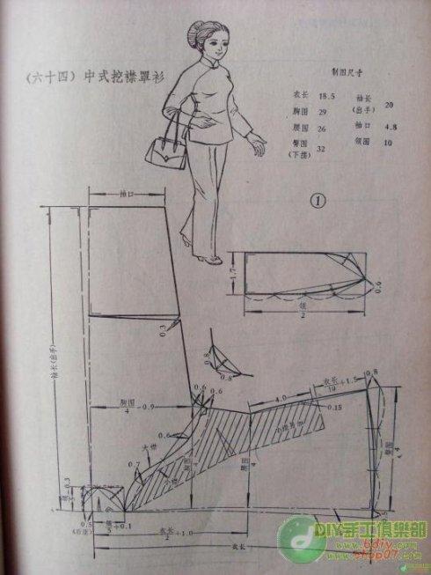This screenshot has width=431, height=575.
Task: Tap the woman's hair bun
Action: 190,33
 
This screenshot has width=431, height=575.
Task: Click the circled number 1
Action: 318,200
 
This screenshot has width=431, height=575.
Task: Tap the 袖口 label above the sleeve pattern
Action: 124,191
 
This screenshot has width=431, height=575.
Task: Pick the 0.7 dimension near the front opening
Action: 135,463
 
